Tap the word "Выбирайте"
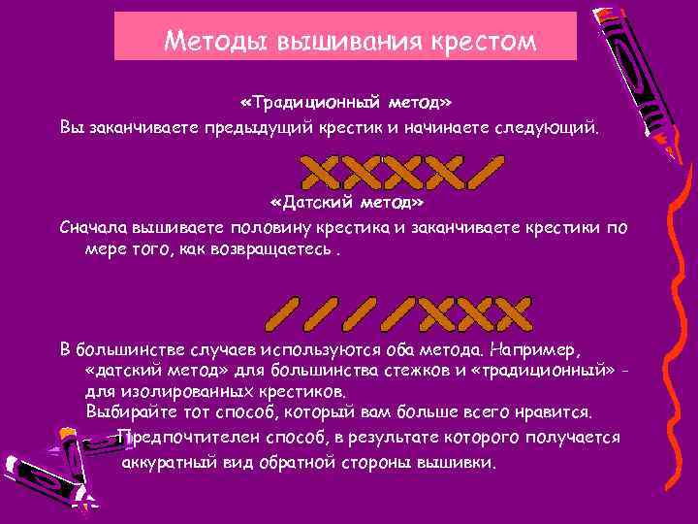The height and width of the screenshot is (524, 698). pos(126,411)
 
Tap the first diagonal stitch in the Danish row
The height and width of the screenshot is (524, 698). pos(282,311)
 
